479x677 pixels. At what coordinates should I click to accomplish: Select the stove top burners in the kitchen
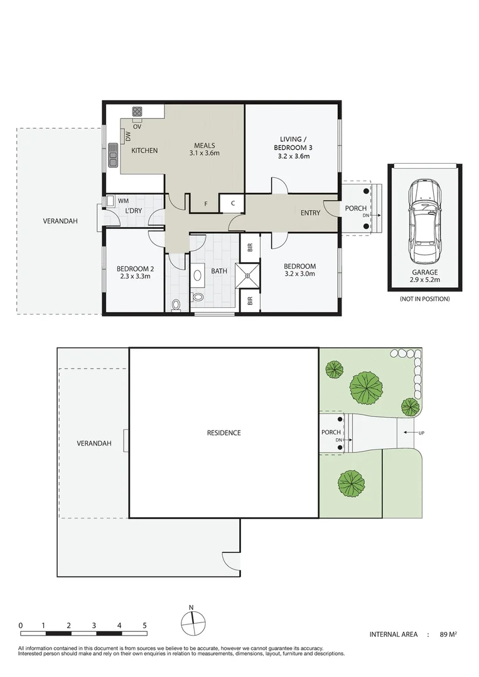137,112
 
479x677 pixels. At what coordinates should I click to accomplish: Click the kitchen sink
113,154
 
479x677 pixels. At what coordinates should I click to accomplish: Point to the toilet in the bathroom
176,305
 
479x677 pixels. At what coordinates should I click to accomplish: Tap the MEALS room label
204,144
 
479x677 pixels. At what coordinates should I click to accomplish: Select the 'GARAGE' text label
424,273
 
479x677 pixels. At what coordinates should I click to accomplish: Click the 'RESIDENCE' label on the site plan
224,433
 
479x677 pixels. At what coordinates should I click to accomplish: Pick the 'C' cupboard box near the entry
232,202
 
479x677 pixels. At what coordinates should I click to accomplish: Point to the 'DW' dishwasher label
127,135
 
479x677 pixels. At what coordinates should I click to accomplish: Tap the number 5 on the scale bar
144,625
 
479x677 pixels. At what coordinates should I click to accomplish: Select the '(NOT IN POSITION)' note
424,299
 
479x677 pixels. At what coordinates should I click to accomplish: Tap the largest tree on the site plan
365,388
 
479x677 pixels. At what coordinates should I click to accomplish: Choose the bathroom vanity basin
197,275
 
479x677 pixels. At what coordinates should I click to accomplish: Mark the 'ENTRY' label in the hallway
310,213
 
